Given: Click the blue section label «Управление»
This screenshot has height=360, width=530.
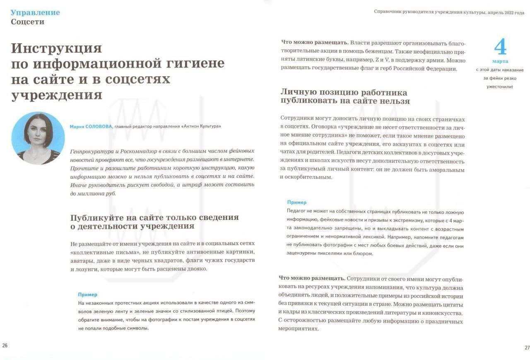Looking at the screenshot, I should coord(35,12).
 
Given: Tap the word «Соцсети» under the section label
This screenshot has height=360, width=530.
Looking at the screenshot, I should coord(27,22).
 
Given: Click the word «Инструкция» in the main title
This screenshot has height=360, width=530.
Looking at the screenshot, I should coord(56,48).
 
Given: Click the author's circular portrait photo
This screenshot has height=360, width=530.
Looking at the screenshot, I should coord(38,138).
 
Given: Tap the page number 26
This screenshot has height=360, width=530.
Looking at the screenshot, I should coord(5,345).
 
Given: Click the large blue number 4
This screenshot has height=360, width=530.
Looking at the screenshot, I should coord(500,47).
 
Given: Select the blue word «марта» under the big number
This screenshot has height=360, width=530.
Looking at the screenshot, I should coord(500,61).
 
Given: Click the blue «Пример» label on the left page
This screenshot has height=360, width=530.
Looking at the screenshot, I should coord(88,295).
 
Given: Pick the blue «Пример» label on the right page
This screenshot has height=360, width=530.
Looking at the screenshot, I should coord(297,203).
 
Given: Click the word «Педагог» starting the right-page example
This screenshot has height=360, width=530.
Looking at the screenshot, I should coord(297,211).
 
